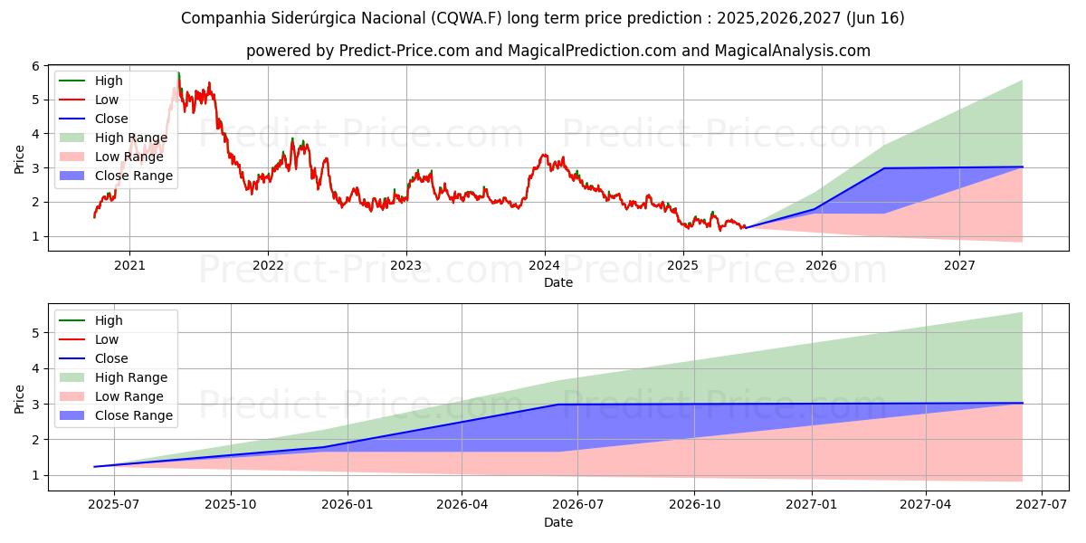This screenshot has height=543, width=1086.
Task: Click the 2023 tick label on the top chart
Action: pos(405,265)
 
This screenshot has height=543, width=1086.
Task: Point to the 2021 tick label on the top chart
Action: pos(129,265)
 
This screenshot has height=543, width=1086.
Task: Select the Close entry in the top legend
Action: pos(111,119)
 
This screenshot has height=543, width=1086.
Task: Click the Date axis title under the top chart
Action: pos(558,282)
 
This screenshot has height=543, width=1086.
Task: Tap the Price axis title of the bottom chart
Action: pos(20,398)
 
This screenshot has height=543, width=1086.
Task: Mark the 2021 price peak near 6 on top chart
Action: pos(178,73)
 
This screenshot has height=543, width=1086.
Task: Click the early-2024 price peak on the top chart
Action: pos(544,155)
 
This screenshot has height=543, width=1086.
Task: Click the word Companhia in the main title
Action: pos(221,18)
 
